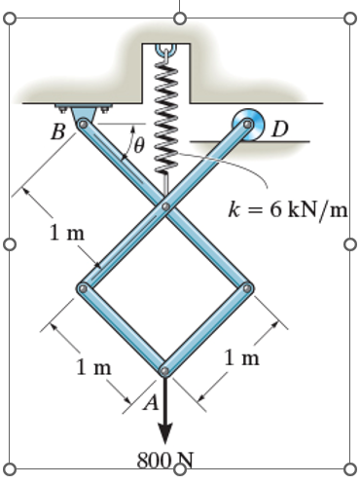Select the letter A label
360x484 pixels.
click(151, 406)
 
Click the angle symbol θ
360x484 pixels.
click(139, 147)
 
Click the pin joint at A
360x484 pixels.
click(164, 369)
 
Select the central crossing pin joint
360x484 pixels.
click(165, 206)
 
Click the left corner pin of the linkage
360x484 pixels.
click(83, 288)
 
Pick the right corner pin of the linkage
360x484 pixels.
click(247, 288)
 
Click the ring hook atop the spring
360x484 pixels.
click(165, 48)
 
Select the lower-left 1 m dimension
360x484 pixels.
click(94, 366)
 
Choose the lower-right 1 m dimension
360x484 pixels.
click(241, 357)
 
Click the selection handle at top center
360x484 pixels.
click(179, 18)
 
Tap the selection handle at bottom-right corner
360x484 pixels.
click(350, 468)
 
